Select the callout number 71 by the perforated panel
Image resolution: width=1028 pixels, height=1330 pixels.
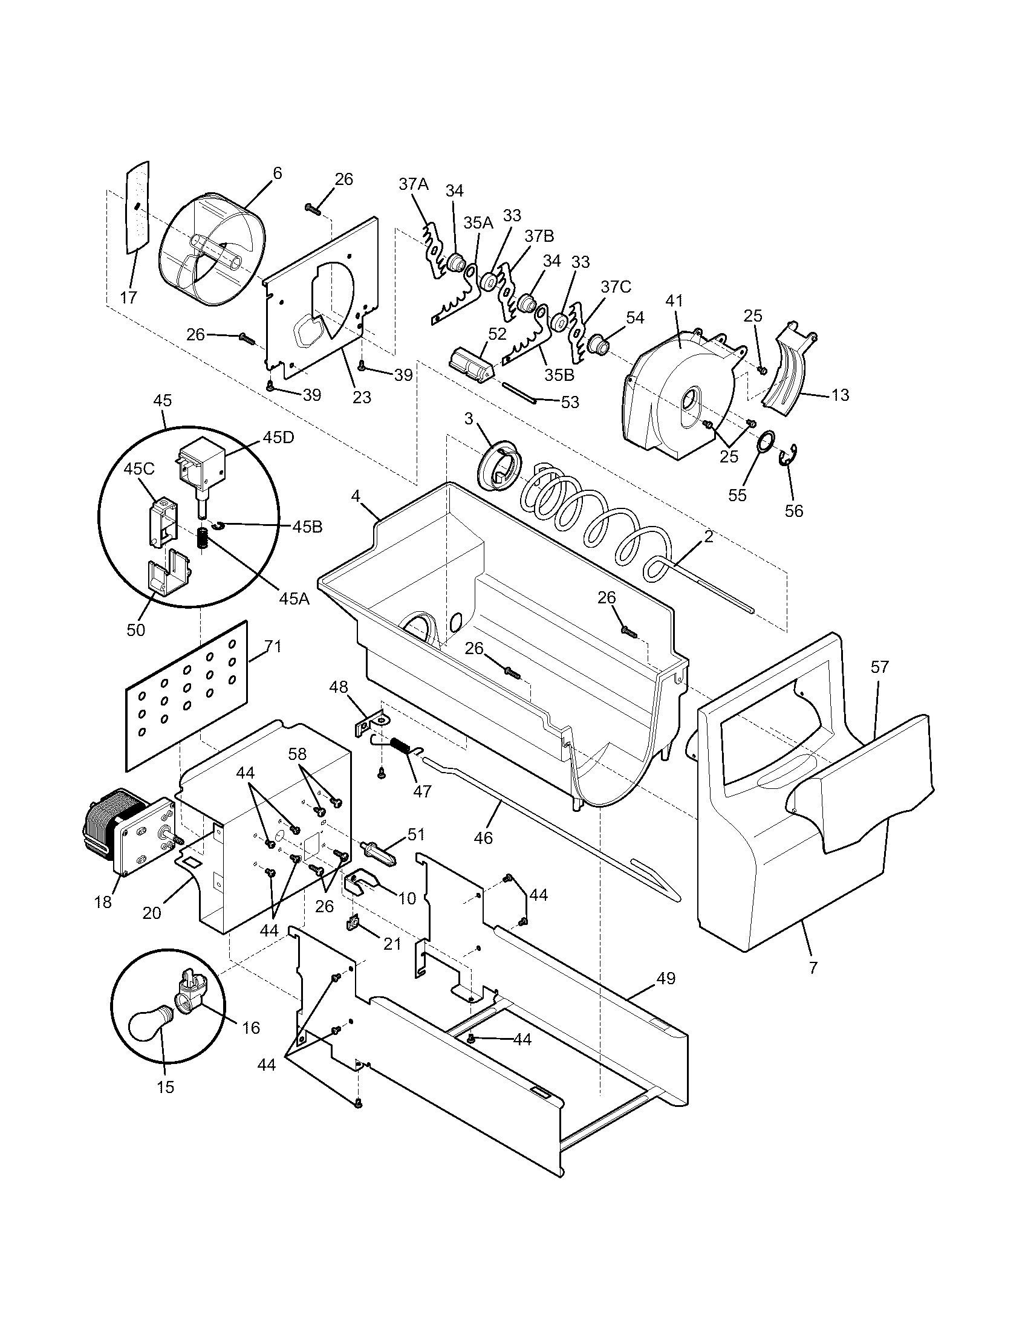coord(273,647)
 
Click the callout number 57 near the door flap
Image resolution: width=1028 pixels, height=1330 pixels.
coord(879,667)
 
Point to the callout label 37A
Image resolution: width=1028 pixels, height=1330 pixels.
coord(414,184)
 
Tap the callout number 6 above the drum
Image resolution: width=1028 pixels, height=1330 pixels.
coord(277,173)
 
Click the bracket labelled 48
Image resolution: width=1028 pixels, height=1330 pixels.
coord(369,723)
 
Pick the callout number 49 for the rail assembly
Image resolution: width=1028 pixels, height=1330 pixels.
coord(666,979)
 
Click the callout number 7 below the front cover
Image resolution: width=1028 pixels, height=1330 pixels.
coord(813,968)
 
